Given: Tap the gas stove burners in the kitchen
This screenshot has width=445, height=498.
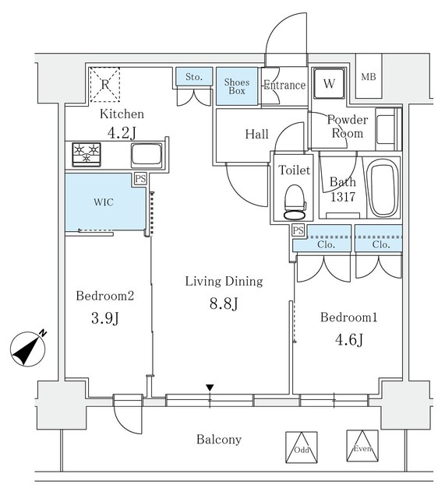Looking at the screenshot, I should point(87,153).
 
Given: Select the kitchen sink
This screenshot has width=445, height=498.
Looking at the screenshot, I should point(146,154).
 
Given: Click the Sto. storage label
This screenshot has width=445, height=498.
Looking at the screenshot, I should point(192,76).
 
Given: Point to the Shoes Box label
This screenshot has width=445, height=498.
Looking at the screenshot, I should point(236,86).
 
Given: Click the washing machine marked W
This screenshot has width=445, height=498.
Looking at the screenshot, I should point(328,83).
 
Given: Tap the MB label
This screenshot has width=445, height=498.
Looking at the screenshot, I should point(369,76).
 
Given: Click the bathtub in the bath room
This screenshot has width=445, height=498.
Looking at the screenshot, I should point(382,189).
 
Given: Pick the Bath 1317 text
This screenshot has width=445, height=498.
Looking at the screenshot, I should point(342,190).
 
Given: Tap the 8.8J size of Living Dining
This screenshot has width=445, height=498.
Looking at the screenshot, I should point(223,304).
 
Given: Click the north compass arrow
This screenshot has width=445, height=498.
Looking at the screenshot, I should point(30,347).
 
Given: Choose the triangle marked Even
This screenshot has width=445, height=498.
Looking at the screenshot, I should point(361,445).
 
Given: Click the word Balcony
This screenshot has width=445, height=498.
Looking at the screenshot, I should point(218,440).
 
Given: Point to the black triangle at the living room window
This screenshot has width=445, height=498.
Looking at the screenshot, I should point(210,388).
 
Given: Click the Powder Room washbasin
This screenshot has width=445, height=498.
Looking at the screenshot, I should point(384,126).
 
